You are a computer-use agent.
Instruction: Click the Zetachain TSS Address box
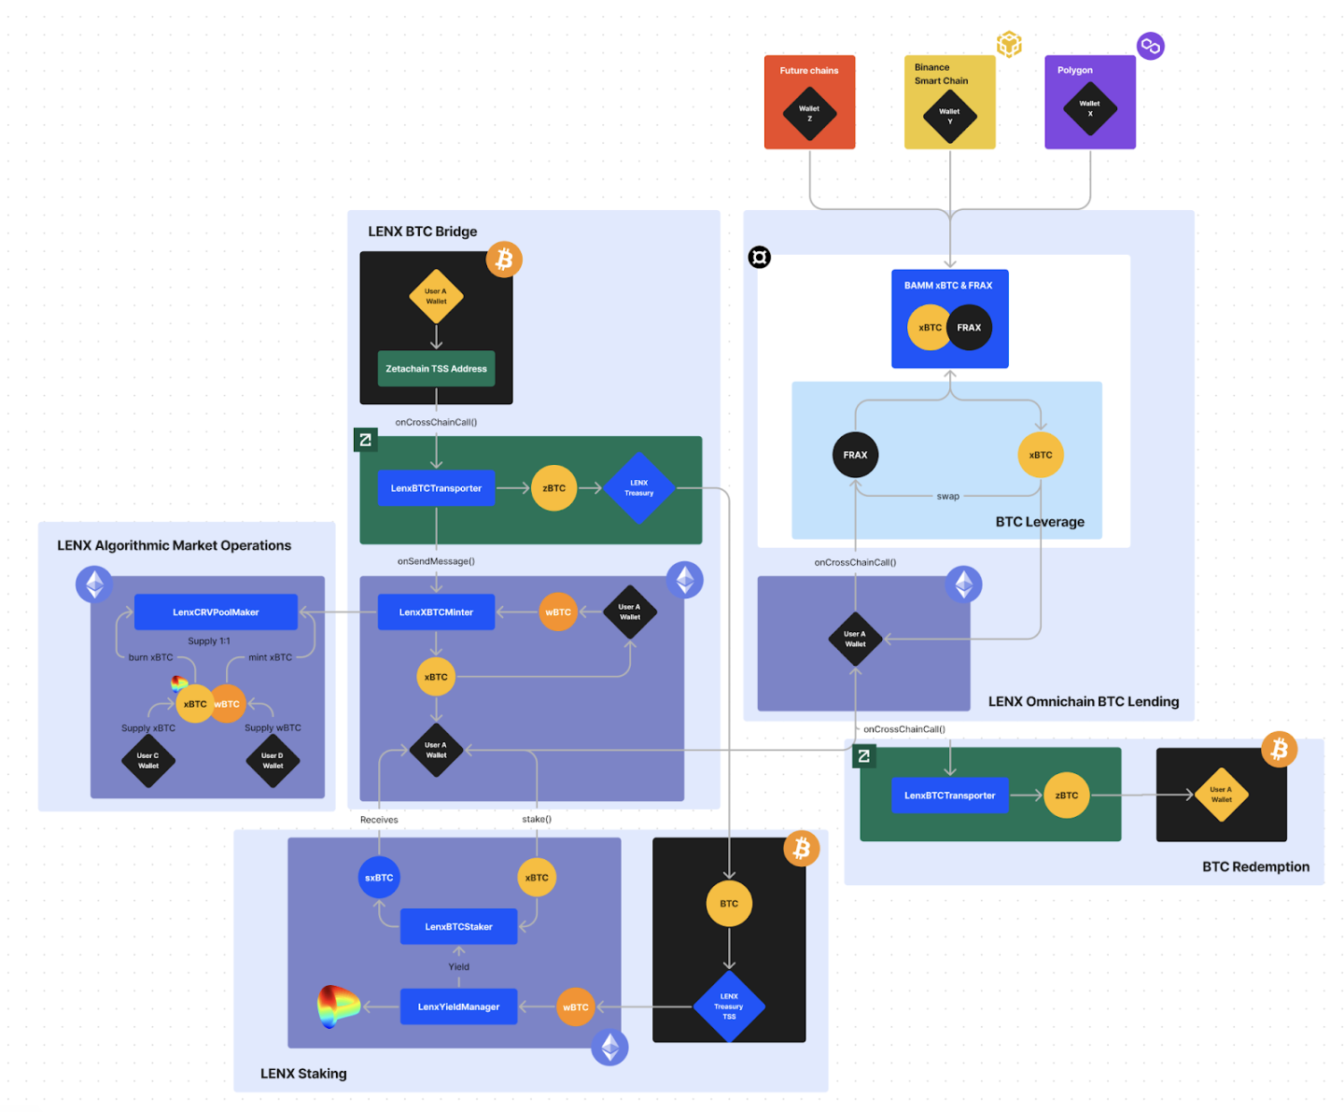click(436, 369)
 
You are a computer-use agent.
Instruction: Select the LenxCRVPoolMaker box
click(216, 612)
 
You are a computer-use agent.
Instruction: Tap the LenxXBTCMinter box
click(436, 612)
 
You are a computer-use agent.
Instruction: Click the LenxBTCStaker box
click(458, 927)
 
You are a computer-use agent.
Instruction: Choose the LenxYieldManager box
click(458, 1006)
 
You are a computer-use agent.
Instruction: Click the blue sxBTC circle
click(379, 878)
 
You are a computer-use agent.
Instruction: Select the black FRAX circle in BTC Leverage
click(855, 455)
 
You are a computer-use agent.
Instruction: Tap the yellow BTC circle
click(729, 904)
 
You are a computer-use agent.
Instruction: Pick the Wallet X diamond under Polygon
click(1090, 109)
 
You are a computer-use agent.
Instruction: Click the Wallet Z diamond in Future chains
click(809, 114)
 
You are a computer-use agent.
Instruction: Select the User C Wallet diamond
click(148, 761)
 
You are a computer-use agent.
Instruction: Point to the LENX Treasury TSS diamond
click(729, 1006)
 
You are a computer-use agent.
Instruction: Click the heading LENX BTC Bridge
click(422, 232)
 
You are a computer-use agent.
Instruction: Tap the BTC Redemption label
click(1255, 866)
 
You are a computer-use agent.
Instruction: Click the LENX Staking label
click(303, 1074)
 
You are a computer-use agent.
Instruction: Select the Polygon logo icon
click(1150, 46)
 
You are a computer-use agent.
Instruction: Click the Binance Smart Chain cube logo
click(1009, 44)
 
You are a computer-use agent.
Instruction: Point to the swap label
click(947, 497)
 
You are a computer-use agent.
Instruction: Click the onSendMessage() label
click(436, 561)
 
